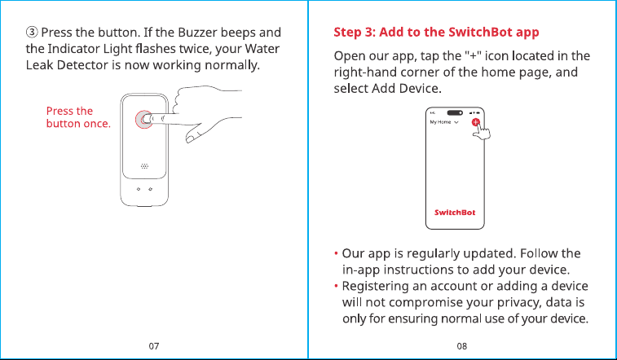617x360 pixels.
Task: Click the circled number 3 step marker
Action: click(32, 32)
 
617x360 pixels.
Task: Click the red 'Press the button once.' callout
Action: click(78, 117)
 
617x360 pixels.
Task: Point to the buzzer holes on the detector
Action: click(144, 166)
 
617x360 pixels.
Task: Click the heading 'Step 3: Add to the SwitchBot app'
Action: click(436, 32)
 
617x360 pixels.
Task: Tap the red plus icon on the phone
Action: click(476, 122)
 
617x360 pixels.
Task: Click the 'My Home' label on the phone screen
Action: click(440, 122)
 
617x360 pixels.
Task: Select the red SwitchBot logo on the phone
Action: click(455, 213)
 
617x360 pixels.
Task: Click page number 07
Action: click(154, 346)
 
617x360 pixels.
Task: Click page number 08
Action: click(462, 346)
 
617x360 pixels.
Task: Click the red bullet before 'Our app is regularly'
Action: click(336, 253)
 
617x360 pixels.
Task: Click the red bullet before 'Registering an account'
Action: click(336, 286)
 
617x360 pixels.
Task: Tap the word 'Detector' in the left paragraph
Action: click(82, 65)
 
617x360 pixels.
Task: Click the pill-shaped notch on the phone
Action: click(455, 113)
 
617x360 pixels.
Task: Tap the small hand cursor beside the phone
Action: click(482, 131)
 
